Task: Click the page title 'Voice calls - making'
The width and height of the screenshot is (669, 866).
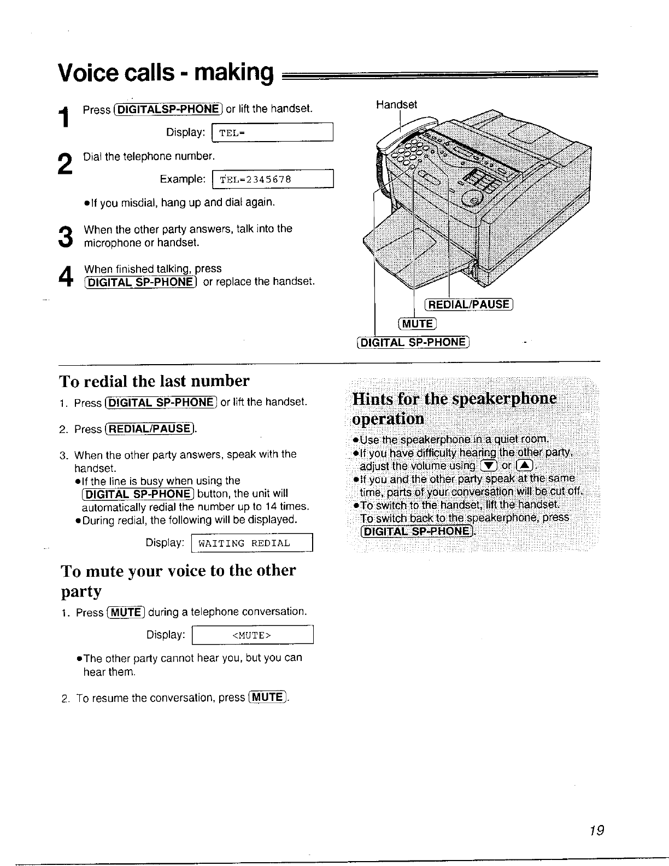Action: (x=166, y=72)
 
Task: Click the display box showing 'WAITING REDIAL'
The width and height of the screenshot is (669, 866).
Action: (x=252, y=543)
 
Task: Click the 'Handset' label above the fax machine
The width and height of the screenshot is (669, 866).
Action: (x=396, y=104)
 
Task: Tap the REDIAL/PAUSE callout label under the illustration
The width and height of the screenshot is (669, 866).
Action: (x=468, y=305)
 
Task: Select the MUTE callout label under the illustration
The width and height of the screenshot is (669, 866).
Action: (x=418, y=323)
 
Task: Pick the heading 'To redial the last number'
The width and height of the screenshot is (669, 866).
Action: (x=154, y=381)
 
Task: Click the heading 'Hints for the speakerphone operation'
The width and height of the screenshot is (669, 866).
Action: (x=454, y=408)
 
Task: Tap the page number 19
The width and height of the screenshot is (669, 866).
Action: (x=597, y=830)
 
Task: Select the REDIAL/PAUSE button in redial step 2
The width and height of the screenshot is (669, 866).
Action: (x=149, y=429)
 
